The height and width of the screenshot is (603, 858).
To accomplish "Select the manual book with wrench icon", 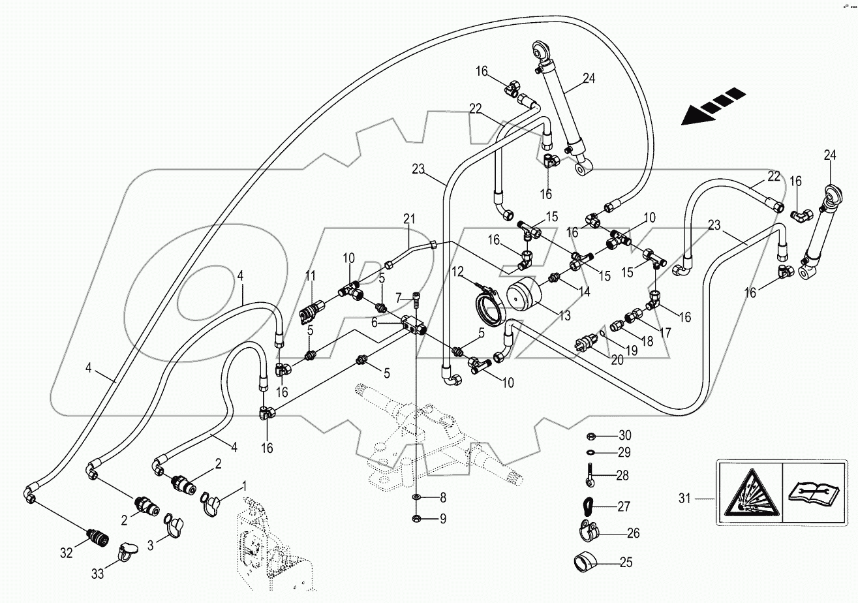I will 811,491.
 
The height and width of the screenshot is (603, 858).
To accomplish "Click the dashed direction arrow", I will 712,106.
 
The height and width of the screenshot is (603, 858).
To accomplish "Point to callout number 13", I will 564,315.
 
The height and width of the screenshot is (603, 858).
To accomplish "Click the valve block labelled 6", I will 411,324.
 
